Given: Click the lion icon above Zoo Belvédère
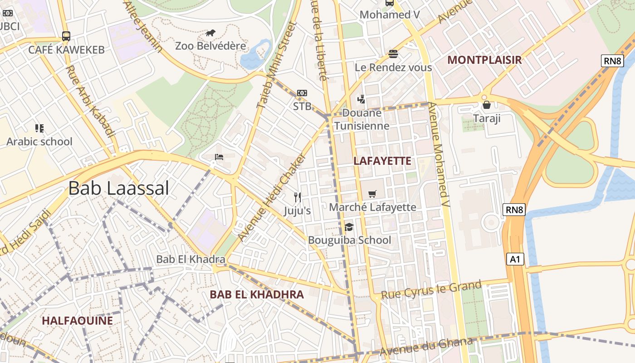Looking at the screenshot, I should coord(210,33).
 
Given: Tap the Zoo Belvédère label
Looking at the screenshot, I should coord(210,46).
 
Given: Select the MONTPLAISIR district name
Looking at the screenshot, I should coord(484,60).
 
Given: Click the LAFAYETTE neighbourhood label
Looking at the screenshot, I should coord(382,161).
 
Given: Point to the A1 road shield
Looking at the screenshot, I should coord(515,259).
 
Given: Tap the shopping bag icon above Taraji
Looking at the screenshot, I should coord(487,105).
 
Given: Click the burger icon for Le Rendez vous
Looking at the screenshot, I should coord(393,54).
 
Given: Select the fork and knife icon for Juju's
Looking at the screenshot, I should coord(298,197).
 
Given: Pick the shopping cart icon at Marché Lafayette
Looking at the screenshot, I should coord(372,194).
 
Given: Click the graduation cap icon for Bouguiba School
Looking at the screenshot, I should coord(349,227).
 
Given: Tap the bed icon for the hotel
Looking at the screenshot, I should coord(219,157).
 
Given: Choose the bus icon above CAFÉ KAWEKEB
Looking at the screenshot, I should coord(66,36).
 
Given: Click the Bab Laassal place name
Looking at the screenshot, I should coord(119,188).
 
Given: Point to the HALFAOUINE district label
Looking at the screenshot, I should coord(77,321).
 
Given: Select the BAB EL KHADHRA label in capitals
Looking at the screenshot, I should coord(257,294).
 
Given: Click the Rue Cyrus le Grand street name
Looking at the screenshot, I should coord(431,290).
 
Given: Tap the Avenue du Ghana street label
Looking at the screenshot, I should coord(426,347).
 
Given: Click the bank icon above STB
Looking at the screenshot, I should coord(302,93).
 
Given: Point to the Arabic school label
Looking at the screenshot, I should coord(39,142).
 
